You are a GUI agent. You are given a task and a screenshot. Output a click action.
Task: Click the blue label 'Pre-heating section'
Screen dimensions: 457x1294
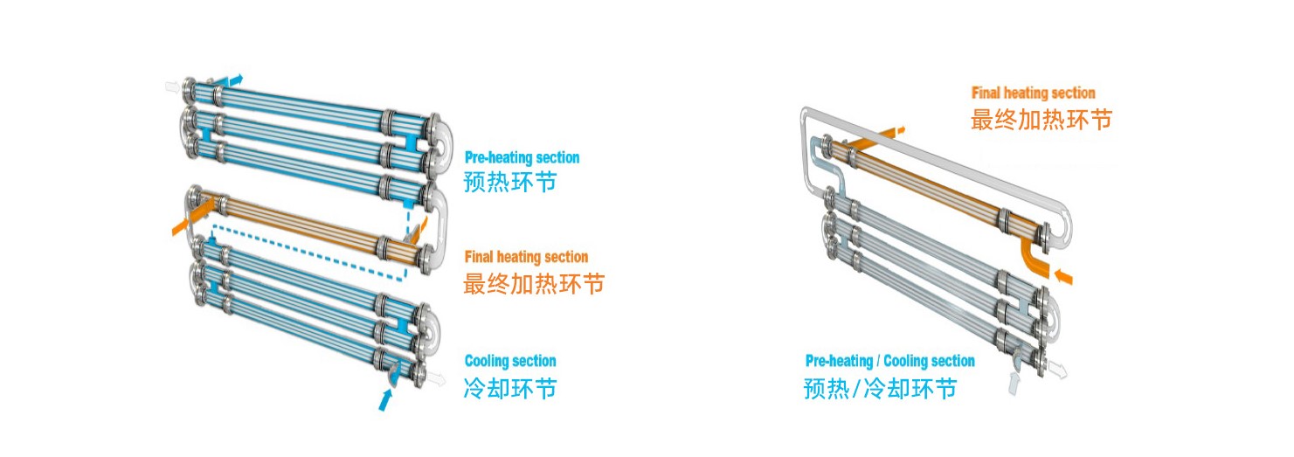point(522,158)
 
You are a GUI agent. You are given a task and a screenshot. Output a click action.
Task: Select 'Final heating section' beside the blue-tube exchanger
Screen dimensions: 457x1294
point(526,257)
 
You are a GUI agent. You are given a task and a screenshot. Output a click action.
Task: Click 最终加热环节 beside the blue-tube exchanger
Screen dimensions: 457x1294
point(533,283)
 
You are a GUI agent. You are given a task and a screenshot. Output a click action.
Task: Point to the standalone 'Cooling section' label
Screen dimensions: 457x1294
point(509,361)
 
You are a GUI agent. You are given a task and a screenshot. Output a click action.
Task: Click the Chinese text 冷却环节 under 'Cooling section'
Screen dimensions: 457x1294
point(509,387)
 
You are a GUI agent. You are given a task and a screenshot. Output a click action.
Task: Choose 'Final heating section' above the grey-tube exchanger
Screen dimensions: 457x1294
point(1033,93)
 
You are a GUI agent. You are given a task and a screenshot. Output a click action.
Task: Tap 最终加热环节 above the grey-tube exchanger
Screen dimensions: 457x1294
point(1041,119)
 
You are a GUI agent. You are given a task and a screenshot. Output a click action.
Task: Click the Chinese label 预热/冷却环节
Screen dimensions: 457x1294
point(880,387)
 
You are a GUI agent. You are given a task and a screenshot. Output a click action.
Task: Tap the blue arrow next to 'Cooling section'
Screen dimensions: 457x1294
point(385,398)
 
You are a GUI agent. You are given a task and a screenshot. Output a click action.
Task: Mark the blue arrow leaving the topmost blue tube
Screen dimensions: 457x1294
point(234,80)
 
